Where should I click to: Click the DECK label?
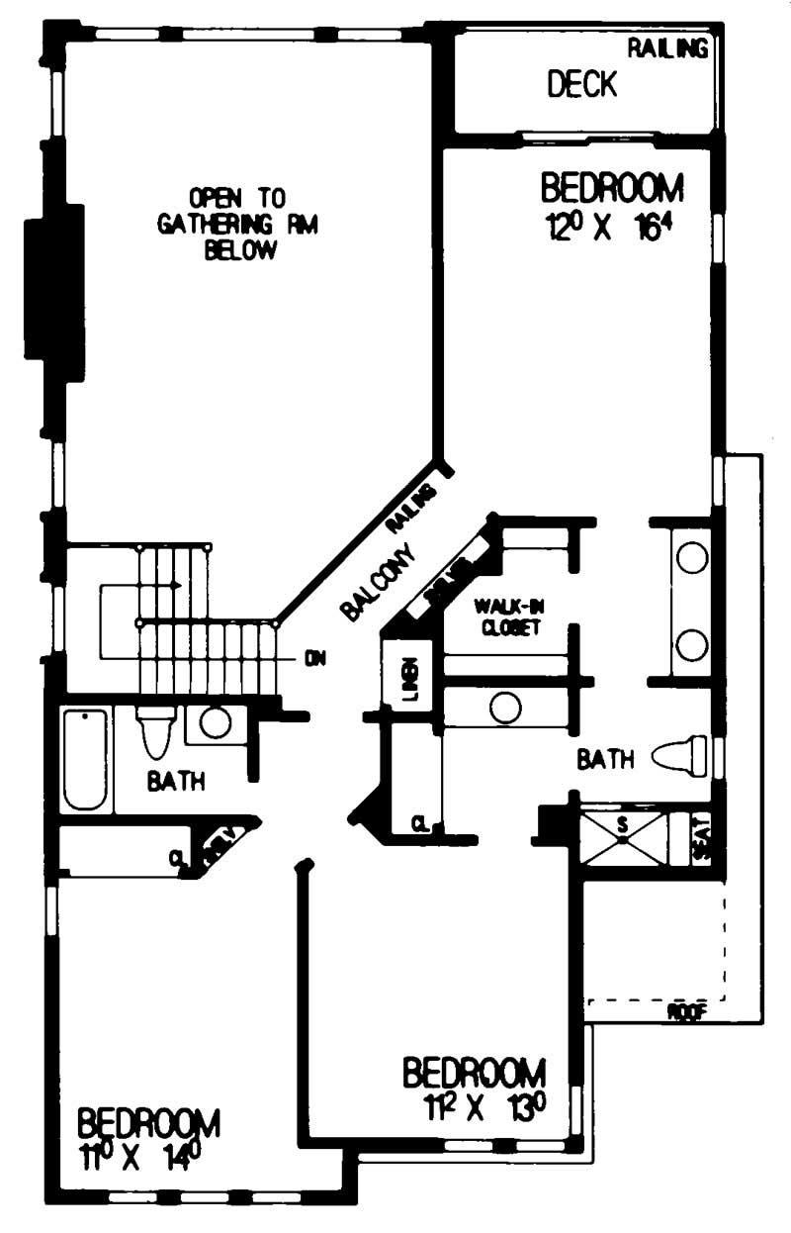click(x=582, y=85)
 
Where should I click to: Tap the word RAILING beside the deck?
click(x=668, y=48)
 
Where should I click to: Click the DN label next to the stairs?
click(x=315, y=658)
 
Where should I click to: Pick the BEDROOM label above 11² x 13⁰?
click(x=474, y=1072)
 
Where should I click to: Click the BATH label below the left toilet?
click(x=176, y=781)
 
